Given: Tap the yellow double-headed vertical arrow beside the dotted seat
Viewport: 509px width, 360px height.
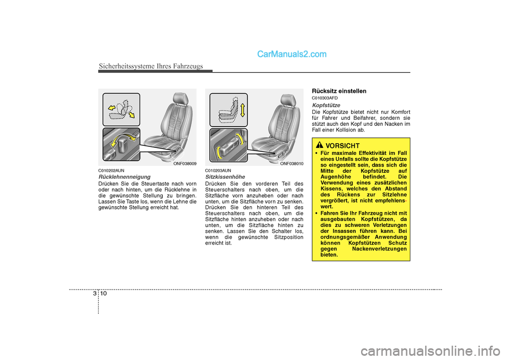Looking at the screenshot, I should (242, 110).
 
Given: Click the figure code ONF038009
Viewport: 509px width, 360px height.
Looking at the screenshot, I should (185, 164).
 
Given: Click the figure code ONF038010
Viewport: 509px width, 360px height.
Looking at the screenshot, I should (292, 164).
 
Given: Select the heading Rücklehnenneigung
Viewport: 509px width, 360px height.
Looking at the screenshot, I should (125, 177).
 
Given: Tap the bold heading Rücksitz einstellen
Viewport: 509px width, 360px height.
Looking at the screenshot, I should (339, 91).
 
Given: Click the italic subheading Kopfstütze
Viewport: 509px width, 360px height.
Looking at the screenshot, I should (326, 106).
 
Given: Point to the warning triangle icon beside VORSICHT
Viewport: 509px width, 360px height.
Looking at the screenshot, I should (319, 145).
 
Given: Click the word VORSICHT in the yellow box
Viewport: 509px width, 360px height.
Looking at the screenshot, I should (343, 145).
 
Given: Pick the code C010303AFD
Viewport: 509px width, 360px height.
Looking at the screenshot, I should (324, 98).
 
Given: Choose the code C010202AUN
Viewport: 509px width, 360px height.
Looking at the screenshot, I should (111, 170).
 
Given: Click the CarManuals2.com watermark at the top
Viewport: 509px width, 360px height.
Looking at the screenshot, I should (291, 54).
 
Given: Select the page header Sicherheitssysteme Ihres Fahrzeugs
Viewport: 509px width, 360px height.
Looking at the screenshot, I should (151, 66).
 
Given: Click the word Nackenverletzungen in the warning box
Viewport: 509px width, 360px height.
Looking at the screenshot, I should (380, 249).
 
